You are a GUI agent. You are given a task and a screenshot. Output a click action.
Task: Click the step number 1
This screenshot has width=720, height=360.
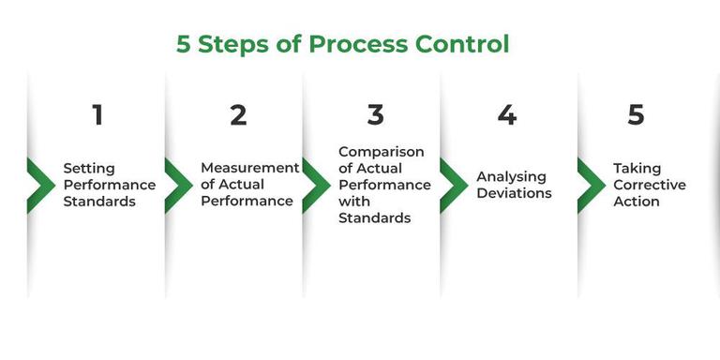tap(97, 115)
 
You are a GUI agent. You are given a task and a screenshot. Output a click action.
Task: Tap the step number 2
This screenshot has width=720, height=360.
tap(238, 115)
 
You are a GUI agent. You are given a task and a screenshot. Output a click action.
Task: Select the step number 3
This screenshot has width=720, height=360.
tap(376, 115)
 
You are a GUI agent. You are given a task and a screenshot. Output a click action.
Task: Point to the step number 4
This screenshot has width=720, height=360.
tap(507, 115)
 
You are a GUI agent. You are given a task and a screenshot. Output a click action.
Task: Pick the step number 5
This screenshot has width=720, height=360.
tap(637, 115)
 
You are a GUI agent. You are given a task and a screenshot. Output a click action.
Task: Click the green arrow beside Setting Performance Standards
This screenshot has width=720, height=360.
tap(40, 185)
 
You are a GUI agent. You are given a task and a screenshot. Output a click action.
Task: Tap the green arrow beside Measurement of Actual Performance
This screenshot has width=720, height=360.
tap(178, 185)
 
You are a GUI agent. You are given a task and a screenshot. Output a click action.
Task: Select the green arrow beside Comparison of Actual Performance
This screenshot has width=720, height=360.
tap(316, 185)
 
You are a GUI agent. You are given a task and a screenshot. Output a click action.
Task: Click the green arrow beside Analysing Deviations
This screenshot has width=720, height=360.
tap(454, 185)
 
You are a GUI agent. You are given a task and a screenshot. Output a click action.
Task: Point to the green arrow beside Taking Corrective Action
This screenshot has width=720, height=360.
tap(592, 185)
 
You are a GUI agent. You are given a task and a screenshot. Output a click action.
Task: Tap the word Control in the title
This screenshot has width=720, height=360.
tap(460, 44)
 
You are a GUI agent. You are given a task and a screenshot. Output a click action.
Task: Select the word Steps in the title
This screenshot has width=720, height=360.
tap(232, 44)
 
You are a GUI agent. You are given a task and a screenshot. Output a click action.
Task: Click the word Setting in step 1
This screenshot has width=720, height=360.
tap(89, 169)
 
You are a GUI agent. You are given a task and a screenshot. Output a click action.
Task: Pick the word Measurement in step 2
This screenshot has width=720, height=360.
tap(249, 169)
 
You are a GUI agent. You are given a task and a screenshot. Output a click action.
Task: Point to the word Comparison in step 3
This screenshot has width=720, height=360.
tap(381, 152)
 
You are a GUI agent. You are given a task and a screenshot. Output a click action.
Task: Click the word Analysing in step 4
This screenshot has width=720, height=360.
tap(511, 177)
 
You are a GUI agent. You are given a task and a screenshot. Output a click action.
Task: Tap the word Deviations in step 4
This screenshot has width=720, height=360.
tap(514, 194)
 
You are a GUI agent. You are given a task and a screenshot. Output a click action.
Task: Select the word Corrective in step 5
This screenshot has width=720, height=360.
tap(650, 186)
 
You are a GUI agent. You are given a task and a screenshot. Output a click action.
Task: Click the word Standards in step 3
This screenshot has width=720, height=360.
tap(375, 218)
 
